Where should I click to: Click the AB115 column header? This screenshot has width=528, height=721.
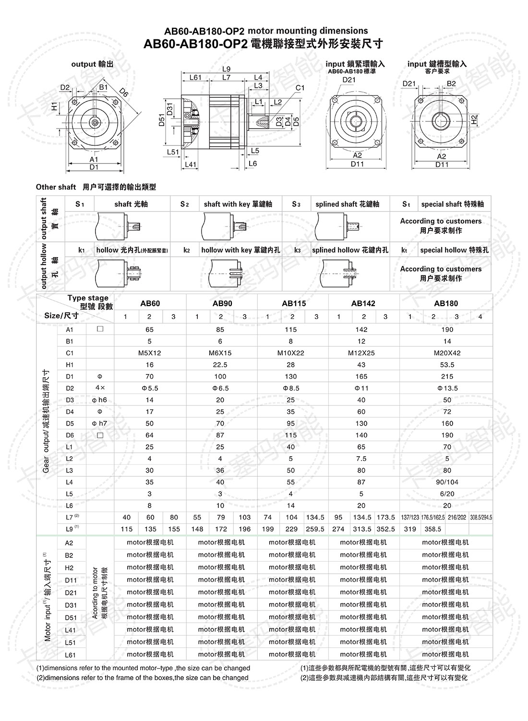[x=293, y=303]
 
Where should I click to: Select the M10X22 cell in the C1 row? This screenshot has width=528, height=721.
[x=290, y=353]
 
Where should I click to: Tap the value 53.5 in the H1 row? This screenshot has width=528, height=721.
[x=447, y=365]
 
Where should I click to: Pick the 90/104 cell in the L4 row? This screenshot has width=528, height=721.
[x=447, y=482]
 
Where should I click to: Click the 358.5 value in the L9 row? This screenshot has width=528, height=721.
[x=432, y=529]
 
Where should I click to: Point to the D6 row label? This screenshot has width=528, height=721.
[x=70, y=435]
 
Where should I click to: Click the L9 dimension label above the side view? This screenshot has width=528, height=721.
[x=226, y=69]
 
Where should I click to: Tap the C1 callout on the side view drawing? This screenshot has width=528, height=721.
[x=300, y=88]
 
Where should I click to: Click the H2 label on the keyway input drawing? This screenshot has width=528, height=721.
[x=474, y=120]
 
